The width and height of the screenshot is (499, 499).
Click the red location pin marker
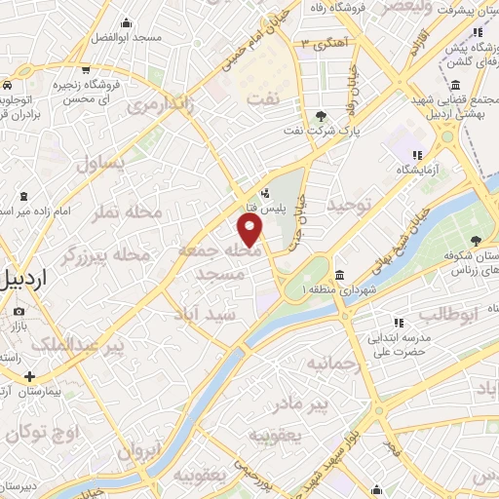pyautogui.click(x=250, y=230)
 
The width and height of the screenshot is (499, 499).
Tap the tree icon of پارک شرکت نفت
pyautogui.click(x=321, y=117)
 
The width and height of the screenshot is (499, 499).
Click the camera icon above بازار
pyautogui.click(x=18, y=312)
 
